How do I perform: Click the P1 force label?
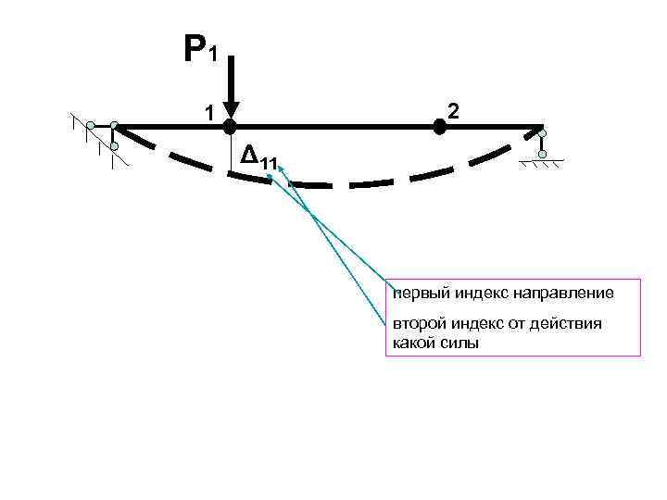click(x=200, y=48)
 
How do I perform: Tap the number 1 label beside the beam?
click(x=210, y=113)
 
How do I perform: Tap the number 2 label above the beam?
click(x=452, y=111)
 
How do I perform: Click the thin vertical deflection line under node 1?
click(x=231, y=150)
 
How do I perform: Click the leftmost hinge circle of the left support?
click(x=91, y=125)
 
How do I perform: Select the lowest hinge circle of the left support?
click(x=114, y=146)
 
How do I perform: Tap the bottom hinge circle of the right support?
click(x=543, y=154)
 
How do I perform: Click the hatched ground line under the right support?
click(x=543, y=165)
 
